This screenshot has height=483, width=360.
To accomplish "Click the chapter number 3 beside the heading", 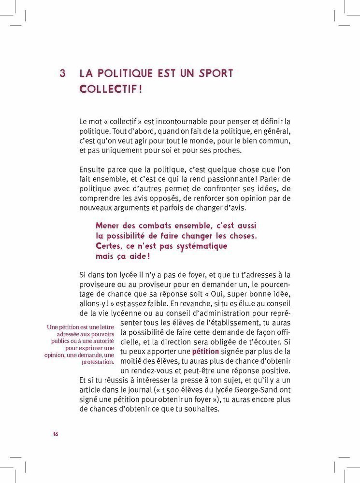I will (x=62, y=74).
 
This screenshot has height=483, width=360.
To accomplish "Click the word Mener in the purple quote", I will (x=109, y=226).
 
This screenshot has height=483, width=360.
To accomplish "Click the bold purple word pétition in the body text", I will (x=205, y=351).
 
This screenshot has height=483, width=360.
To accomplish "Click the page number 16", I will (x=56, y=434).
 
